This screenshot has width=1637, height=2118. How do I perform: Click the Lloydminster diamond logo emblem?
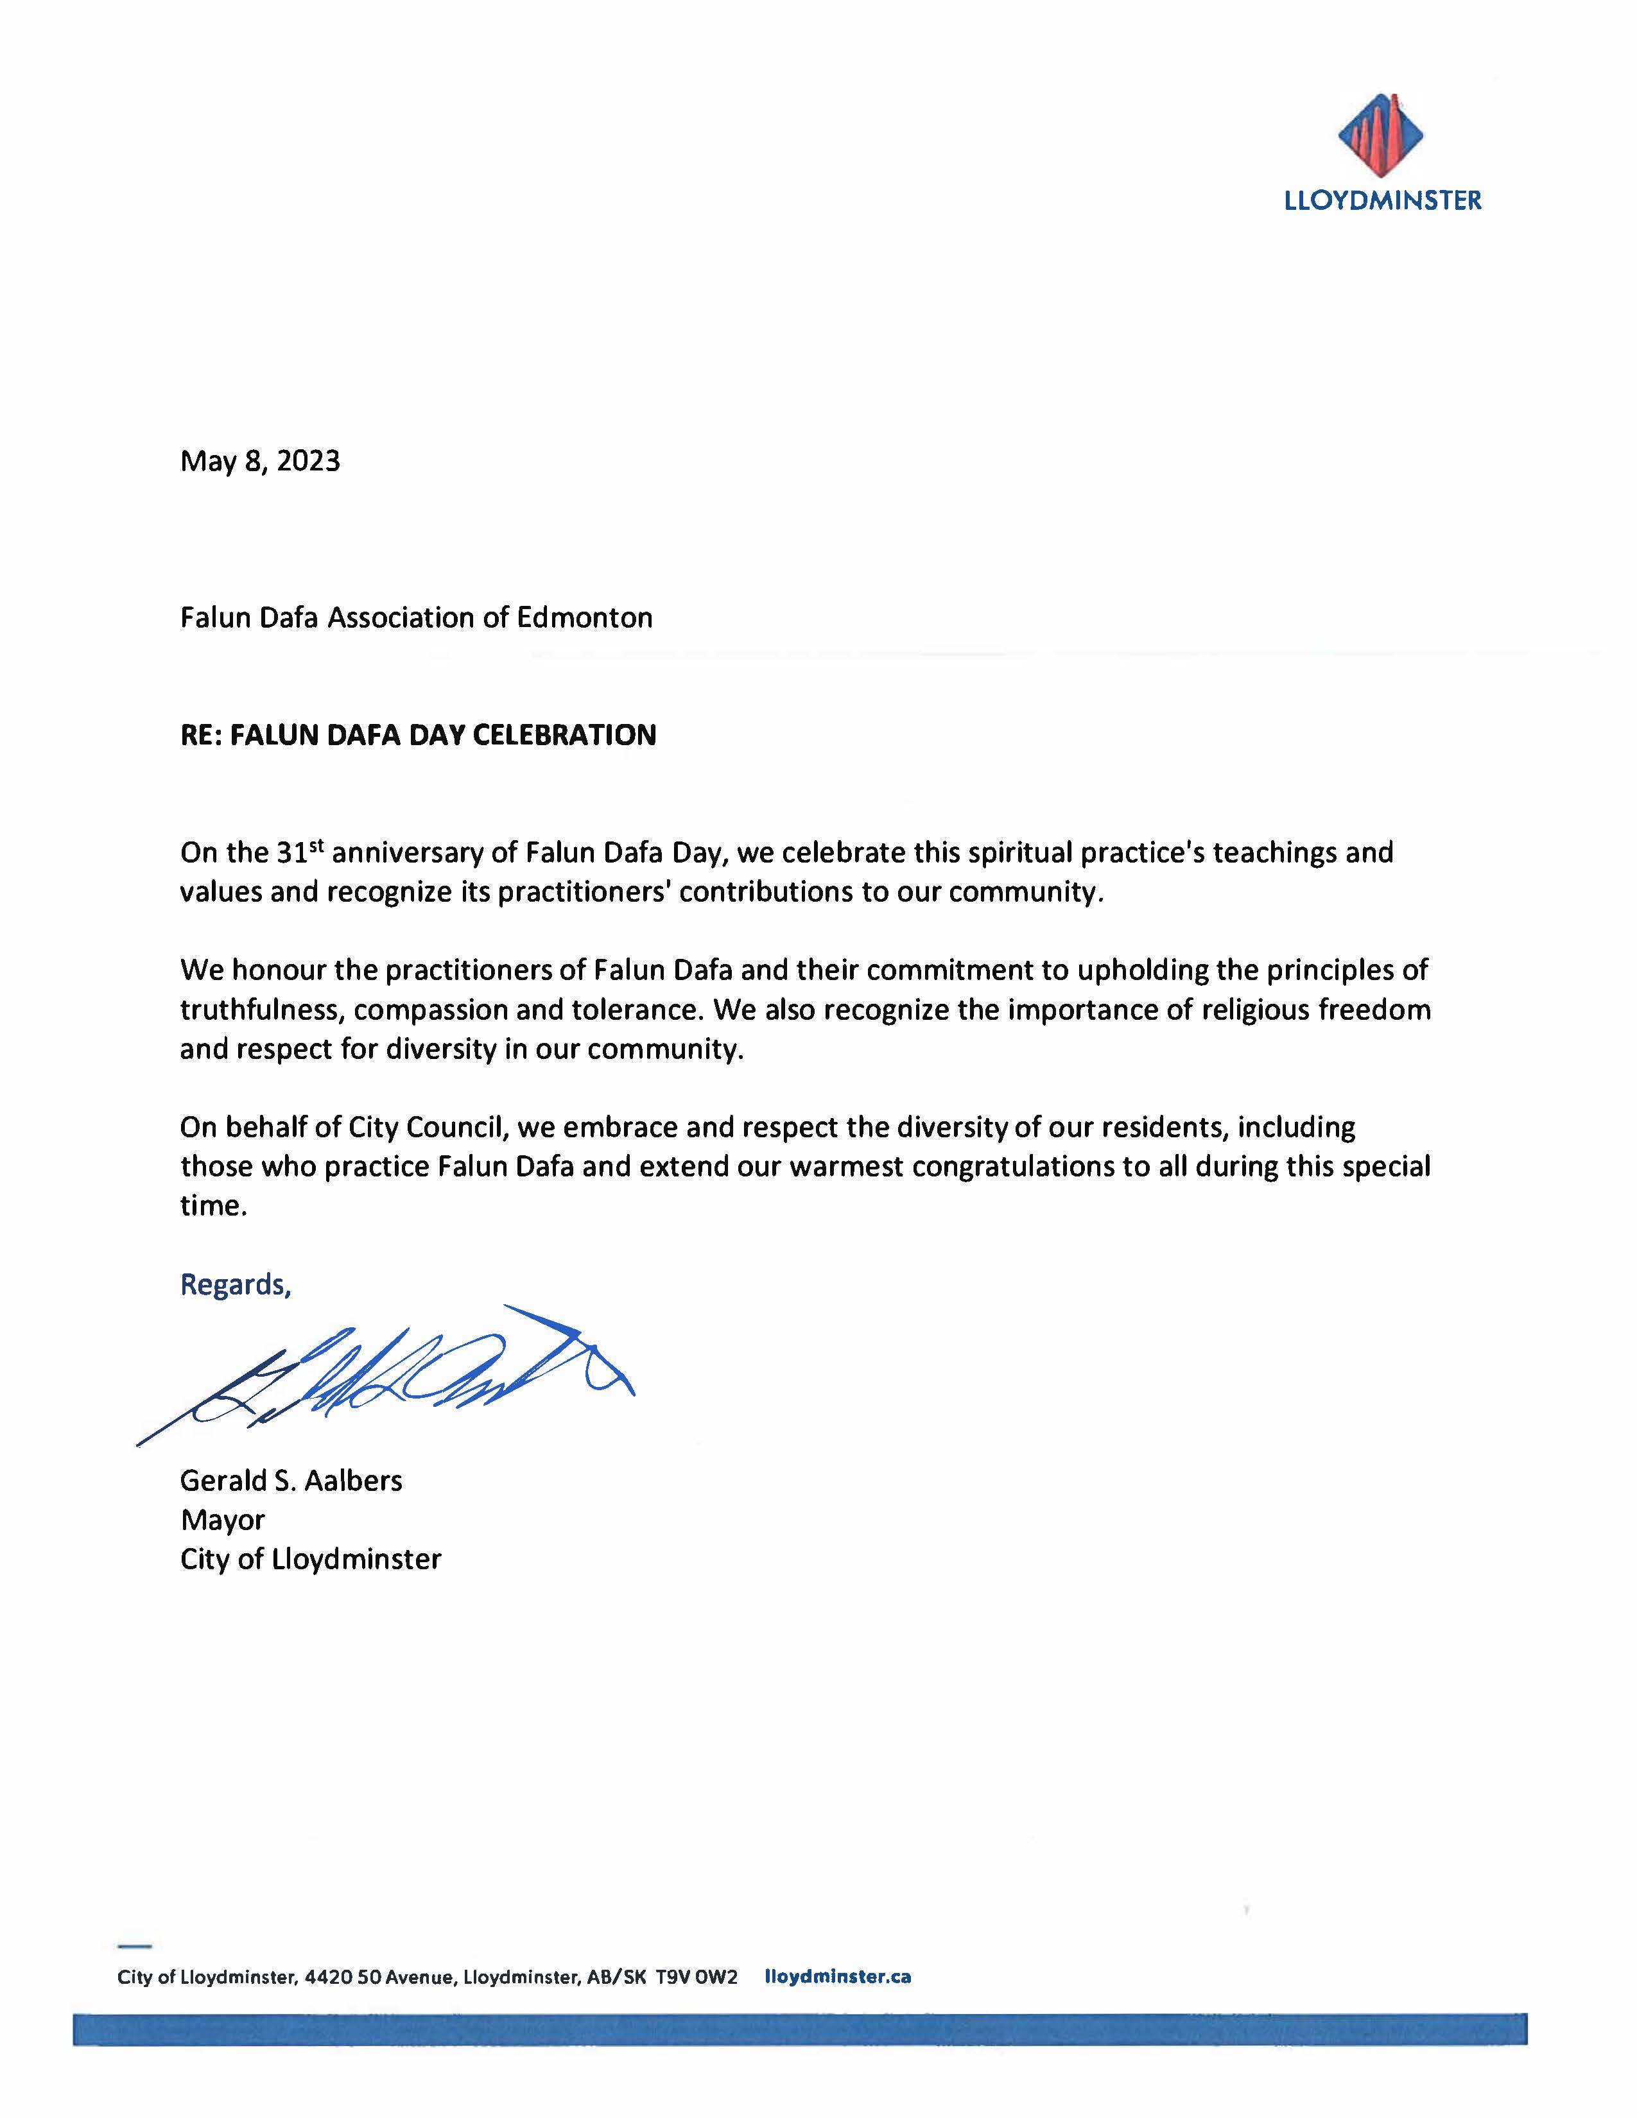point(1381,137)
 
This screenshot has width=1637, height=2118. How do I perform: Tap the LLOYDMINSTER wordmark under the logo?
point(1383,201)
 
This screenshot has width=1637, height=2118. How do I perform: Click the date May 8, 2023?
point(260,461)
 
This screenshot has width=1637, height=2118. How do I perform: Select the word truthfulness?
point(262,1010)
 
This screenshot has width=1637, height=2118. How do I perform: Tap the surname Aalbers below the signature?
point(353,1480)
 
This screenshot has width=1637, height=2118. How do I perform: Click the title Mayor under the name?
point(222,1520)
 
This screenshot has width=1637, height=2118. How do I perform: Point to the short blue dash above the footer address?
point(135,1945)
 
